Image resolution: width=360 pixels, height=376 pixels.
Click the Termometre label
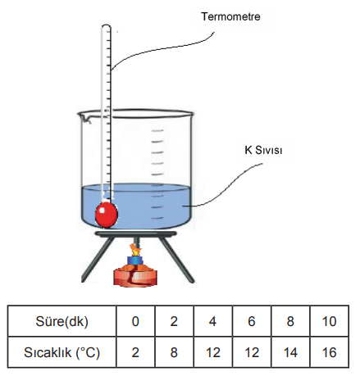(x=230, y=16)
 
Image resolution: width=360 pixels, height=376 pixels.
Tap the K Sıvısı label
(x=263, y=150)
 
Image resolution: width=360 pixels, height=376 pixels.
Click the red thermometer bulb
(x=107, y=215)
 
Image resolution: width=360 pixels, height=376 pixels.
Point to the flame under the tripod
(x=134, y=250)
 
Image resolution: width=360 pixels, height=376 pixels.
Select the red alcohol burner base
(x=135, y=277)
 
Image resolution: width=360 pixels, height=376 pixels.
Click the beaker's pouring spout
(x=84, y=117)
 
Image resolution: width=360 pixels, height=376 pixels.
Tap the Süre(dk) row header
(x=62, y=321)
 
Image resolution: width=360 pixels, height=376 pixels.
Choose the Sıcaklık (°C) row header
(x=62, y=352)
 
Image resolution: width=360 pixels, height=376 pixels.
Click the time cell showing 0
(x=135, y=321)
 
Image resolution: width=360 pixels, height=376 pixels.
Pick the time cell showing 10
(x=329, y=321)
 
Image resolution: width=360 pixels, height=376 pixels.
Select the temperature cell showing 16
(x=329, y=352)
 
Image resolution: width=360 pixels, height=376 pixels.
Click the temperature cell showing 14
(x=290, y=352)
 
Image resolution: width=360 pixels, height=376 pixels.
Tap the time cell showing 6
(x=252, y=321)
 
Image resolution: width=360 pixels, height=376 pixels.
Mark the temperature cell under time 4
(x=212, y=352)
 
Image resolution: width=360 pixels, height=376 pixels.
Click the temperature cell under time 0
(x=135, y=352)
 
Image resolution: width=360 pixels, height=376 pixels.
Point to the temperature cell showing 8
(x=174, y=352)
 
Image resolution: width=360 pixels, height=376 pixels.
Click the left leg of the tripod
(x=97, y=260)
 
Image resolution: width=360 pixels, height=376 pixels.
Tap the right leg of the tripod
(x=178, y=260)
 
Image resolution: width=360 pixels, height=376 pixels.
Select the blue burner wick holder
(x=135, y=260)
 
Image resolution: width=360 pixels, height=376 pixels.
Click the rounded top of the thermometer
(x=106, y=26)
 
